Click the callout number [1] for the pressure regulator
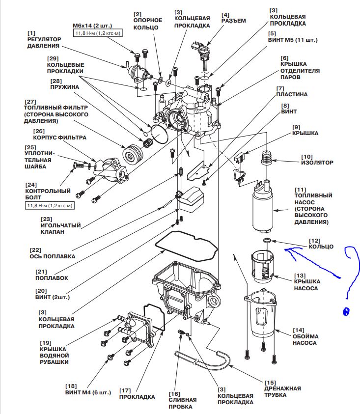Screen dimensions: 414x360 coord(31,32)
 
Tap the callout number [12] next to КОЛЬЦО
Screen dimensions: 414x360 coord(315,241)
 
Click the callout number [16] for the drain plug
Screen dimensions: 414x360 coord(175,394)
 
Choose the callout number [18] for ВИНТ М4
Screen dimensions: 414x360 coord(73,386)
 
